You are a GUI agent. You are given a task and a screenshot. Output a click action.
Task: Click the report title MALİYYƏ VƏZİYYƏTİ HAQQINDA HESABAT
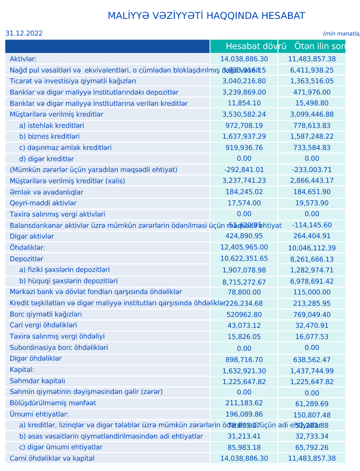[x=206, y=16]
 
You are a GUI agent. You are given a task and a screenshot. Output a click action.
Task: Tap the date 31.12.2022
[x=24, y=33]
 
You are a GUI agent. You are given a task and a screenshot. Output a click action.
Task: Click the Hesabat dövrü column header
[x=256, y=46]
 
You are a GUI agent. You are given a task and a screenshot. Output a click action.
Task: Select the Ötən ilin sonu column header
[x=319, y=46]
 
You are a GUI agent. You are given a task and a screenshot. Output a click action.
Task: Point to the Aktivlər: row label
[x=23, y=59]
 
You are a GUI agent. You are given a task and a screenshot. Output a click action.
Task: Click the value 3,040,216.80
[x=244, y=81]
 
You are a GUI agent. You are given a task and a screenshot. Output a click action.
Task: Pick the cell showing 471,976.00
[x=312, y=92]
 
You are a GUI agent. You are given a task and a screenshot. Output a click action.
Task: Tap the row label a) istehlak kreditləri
[x=51, y=126]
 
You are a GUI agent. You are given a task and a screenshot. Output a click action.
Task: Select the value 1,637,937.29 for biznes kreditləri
[x=244, y=136]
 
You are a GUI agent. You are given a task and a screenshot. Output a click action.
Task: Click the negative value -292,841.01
[x=244, y=170]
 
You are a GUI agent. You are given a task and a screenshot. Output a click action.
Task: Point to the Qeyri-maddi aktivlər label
[x=43, y=203]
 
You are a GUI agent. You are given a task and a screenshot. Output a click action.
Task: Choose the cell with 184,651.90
[x=312, y=192]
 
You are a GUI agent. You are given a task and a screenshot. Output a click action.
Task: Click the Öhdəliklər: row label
[x=27, y=247]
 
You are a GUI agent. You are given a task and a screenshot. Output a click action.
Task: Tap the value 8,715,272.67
[x=244, y=282]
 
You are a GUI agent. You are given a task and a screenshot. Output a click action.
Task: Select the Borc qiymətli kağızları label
[x=46, y=314]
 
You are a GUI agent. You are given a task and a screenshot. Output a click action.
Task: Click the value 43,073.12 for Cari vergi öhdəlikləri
[x=244, y=325]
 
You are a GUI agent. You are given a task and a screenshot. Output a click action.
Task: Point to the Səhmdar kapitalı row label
[x=37, y=381]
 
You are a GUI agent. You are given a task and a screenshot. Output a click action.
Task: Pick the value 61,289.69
[x=312, y=403]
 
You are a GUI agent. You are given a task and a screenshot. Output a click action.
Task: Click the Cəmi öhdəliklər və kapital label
[x=52, y=458]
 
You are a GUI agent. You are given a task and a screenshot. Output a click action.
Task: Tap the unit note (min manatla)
[x=342, y=34]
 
